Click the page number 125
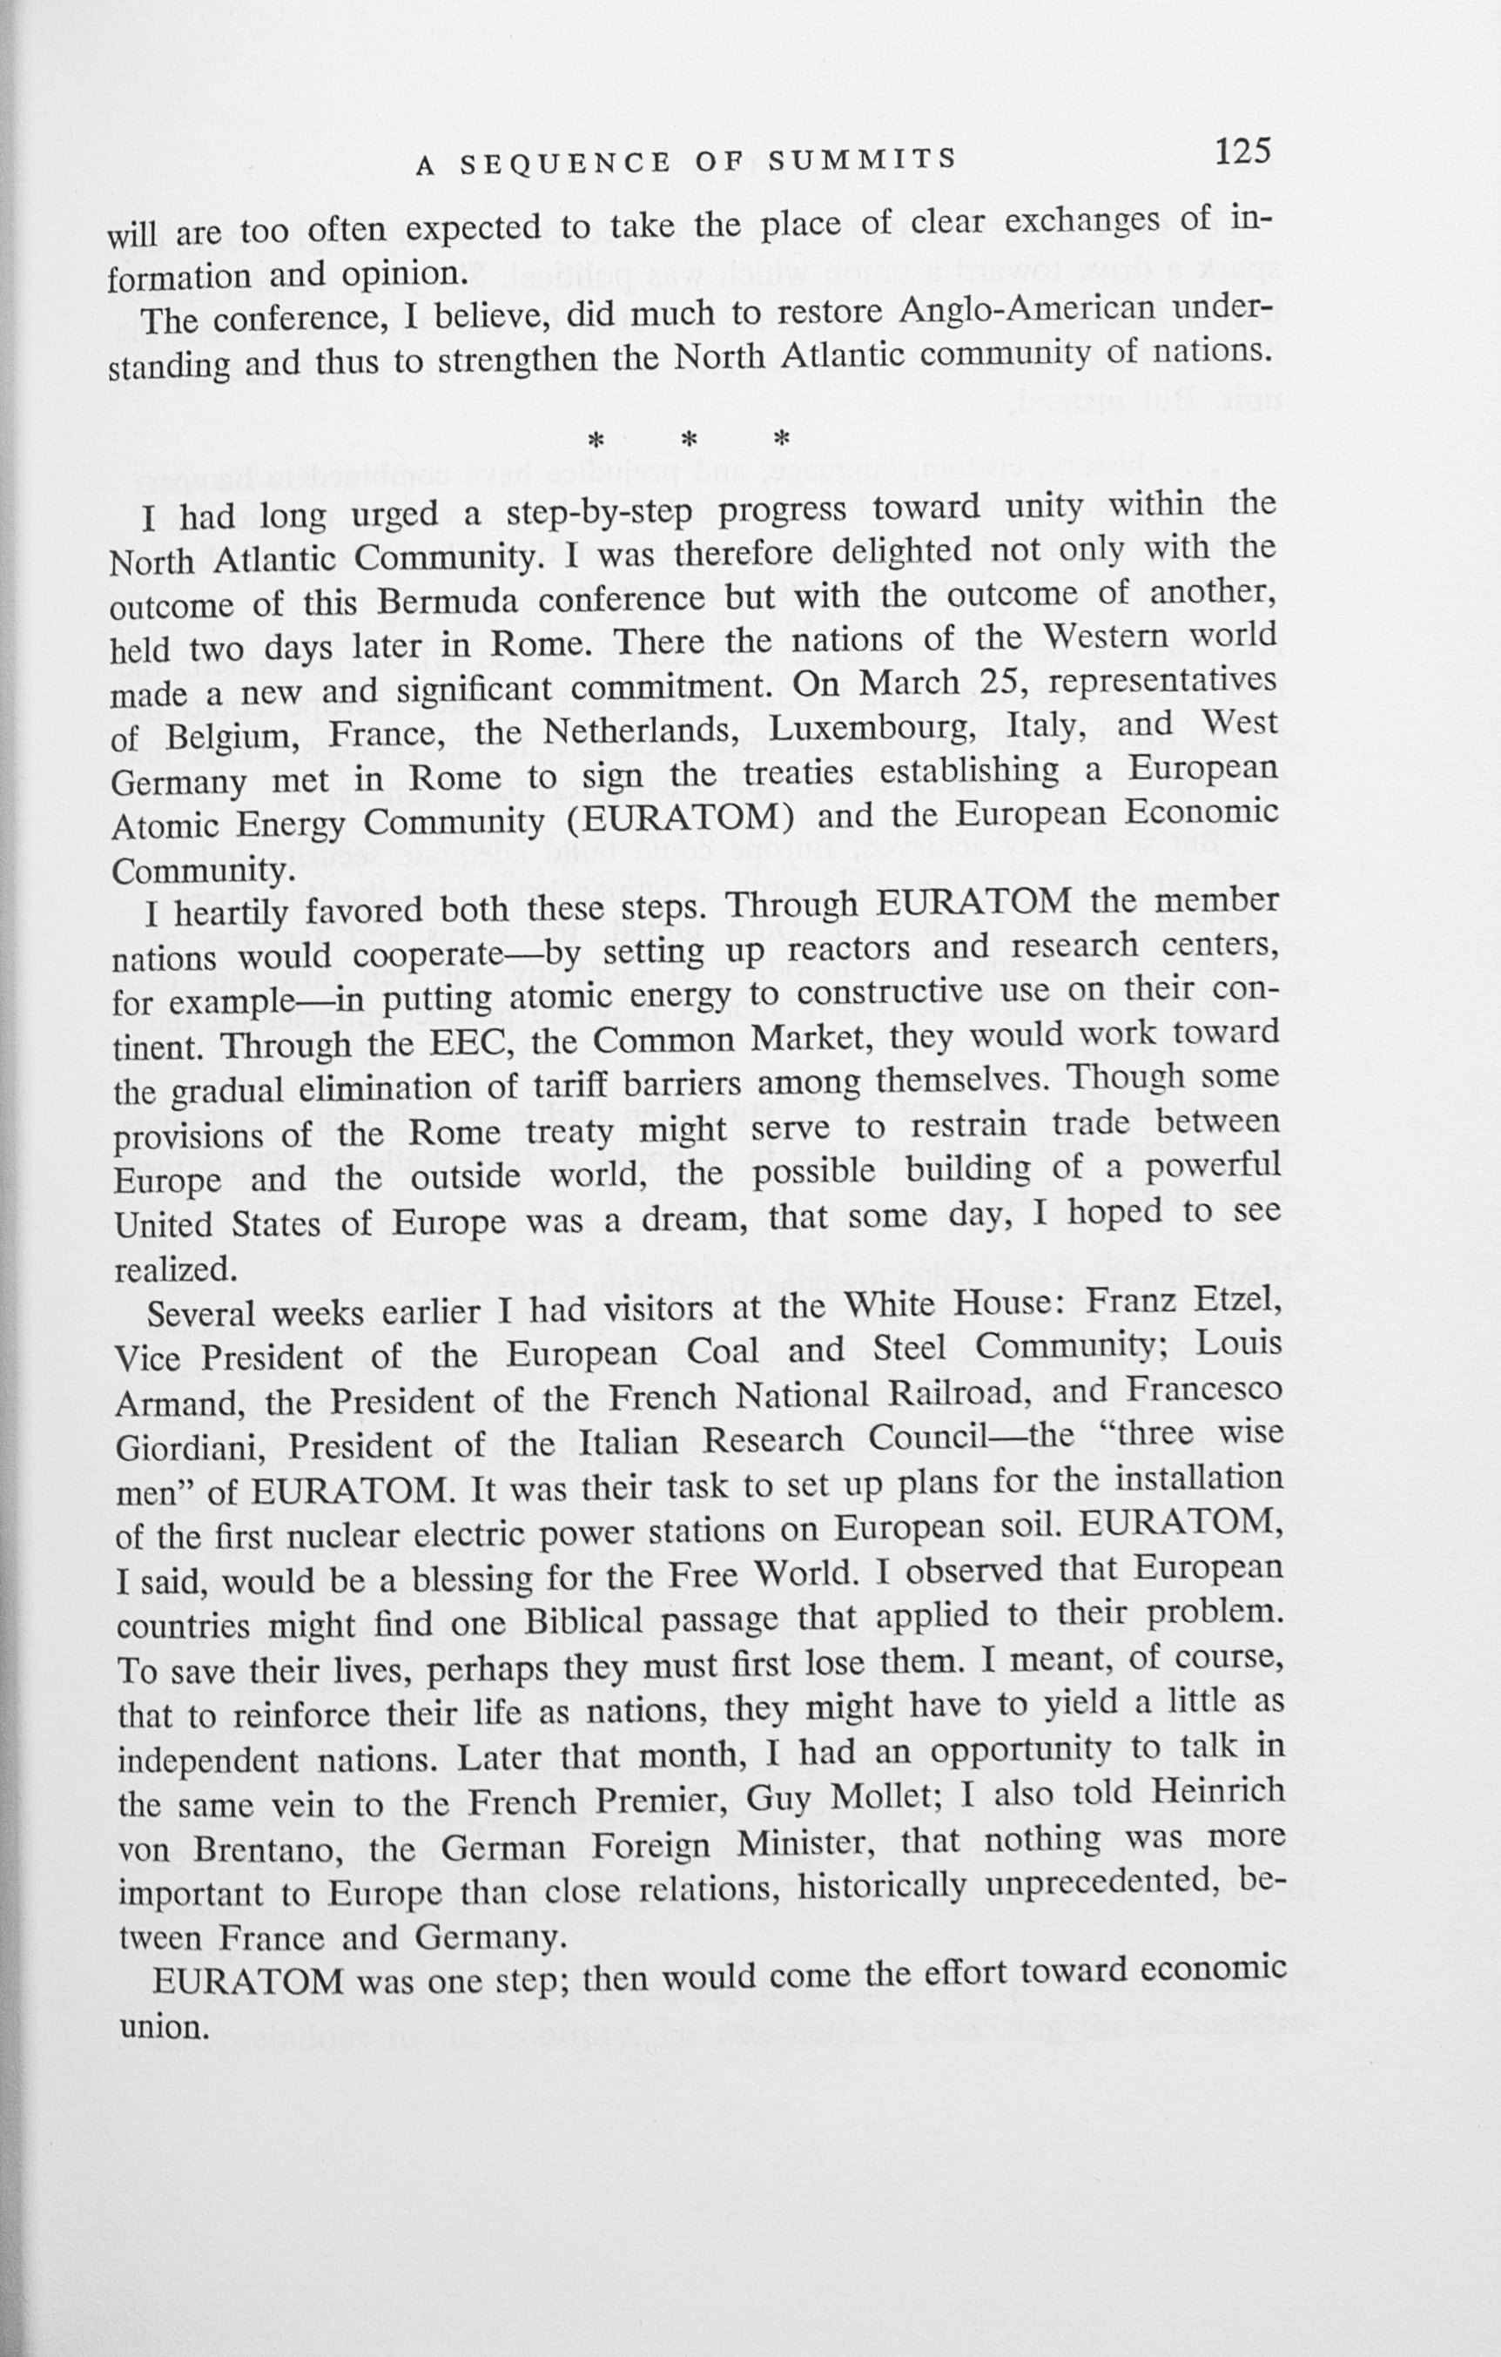pyautogui.click(x=1242, y=152)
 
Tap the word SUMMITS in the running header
pyautogui.click(x=861, y=159)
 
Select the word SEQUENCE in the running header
pyautogui.click(x=567, y=164)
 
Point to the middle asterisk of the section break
pyautogui.click(x=688, y=441)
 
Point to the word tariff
pyautogui.click(x=572, y=1088)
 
